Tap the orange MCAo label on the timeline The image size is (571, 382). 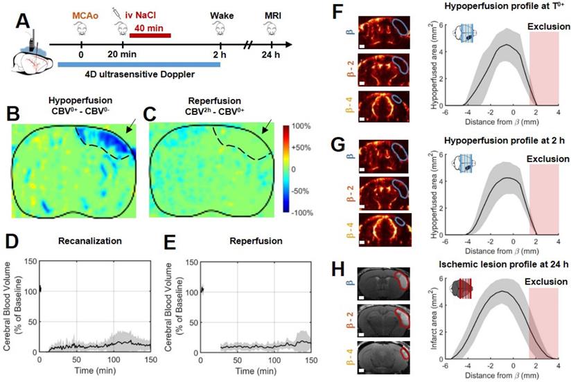click(x=82, y=14)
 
